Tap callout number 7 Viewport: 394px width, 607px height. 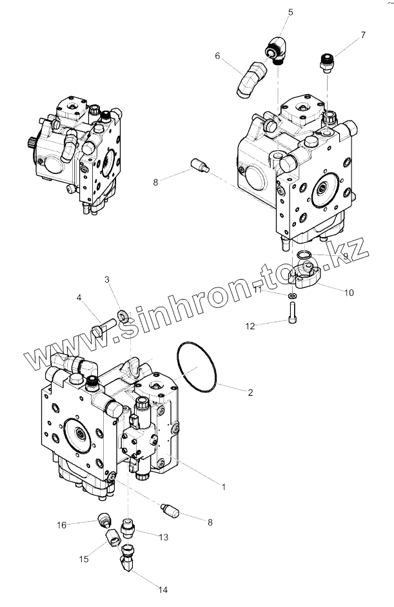pyautogui.click(x=362, y=34)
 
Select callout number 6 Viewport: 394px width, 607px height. pyautogui.click(x=219, y=57)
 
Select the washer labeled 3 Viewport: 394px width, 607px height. pyautogui.click(x=123, y=316)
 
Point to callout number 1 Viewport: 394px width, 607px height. pyautogui.click(x=224, y=487)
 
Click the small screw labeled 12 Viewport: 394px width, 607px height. pyautogui.click(x=292, y=314)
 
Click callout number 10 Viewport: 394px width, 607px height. pyautogui.click(x=349, y=293)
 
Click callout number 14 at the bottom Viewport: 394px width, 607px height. pyautogui.click(x=163, y=590)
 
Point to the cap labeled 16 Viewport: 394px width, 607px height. pyautogui.click(x=103, y=519)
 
